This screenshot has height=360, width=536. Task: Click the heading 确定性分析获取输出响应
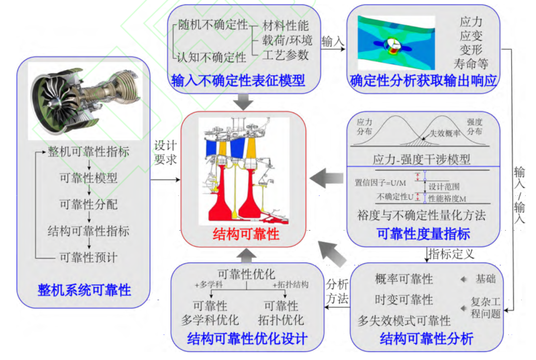pyautogui.click(x=423, y=80)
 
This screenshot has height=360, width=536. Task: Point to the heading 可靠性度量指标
pyautogui.click(x=423, y=233)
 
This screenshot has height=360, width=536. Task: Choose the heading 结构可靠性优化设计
pyautogui.click(x=247, y=339)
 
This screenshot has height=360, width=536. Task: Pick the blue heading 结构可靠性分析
pyautogui.click(x=426, y=339)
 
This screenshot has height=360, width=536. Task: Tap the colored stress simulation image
pyautogui.click(x=397, y=43)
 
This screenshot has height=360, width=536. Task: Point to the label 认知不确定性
pyautogui.click(x=211, y=58)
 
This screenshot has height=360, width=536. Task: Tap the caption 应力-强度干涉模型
pyautogui.click(x=421, y=160)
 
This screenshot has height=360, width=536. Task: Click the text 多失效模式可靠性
pyautogui.click(x=404, y=320)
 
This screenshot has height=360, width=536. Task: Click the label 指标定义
pyautogui.click(x=451, y=254)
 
